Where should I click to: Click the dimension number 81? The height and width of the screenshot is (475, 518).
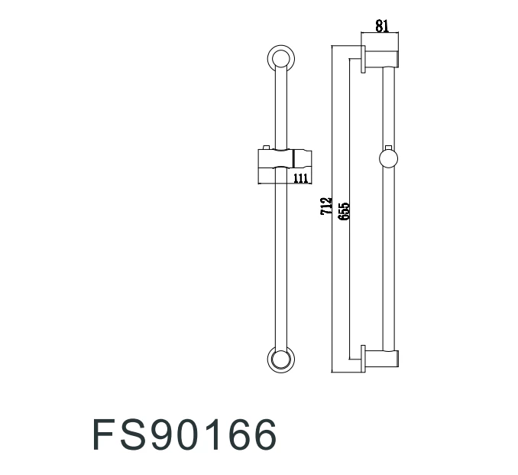click(382, 25)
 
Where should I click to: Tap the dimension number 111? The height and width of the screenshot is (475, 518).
click(300, 178)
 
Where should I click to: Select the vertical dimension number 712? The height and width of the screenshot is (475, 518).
click(326, 208)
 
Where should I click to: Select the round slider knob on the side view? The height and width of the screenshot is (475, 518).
click(389, 158)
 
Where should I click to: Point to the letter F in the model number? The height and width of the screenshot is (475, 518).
click(105, 436)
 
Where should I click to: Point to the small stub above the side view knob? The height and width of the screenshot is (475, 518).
click(389, 146)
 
